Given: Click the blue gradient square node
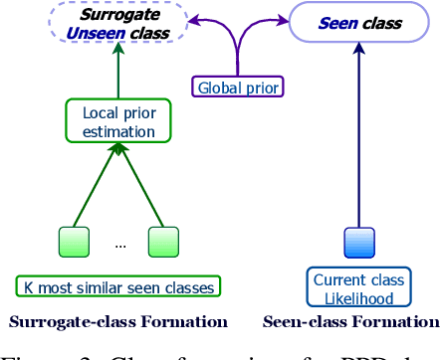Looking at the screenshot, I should [x=357, y=243].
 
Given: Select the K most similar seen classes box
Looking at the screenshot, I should [x=118, y=287].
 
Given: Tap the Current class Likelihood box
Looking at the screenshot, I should [x=353, y=287].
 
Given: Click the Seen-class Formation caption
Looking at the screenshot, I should [x=350, y=321].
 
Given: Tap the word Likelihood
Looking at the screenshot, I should [x=353, y=296].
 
